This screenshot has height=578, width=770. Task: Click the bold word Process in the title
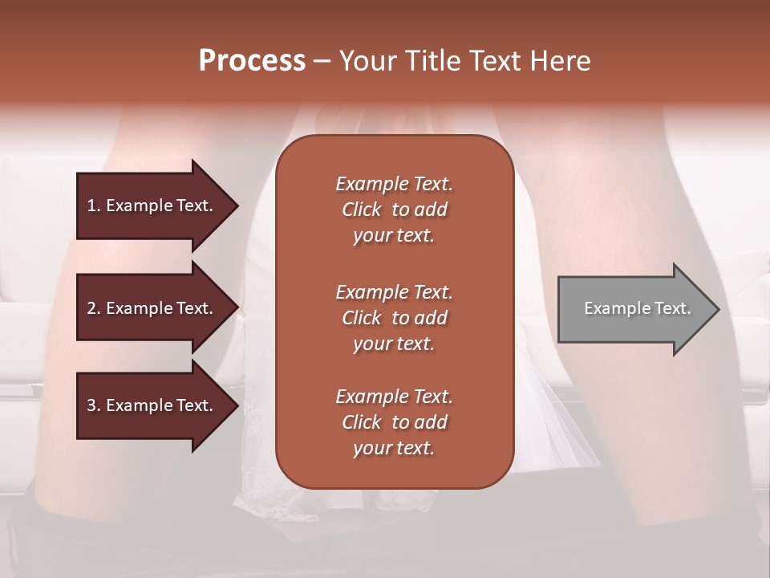pyautogui.click(x=252, y=61)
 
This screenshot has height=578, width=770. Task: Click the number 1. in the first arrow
pyautogui.click(x=94, y=206)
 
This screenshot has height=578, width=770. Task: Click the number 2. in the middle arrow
pyautogui.click(x=94, y=308)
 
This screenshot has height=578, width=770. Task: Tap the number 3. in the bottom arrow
pyautogui.click(x=94, y=405)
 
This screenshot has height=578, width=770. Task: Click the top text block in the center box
pyautogui.click(x=394, y=210)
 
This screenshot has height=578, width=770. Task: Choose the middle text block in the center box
pyautogui.click(x=394, y=318)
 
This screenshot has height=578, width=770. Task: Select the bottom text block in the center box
pyautogui.click(x=394, y=422)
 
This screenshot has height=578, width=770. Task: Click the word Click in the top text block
pyautogui.click(x=361, y=210)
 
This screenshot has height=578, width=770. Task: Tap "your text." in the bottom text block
pyautogui.click(x=394, y=448)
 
